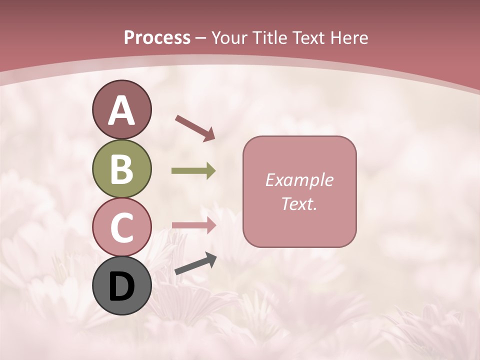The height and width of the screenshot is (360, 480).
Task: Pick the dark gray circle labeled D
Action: (121, 285)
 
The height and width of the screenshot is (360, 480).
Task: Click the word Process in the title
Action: (157, 37)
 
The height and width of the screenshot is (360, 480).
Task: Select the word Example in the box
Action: (299, 180)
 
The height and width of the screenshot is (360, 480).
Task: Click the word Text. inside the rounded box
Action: (299, 203)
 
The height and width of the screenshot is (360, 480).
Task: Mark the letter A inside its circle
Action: (121, 110)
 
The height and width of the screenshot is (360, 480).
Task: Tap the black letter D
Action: (121, 287)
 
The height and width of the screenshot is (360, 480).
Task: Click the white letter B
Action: (121, 169)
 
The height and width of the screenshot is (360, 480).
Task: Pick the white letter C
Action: (121, 227)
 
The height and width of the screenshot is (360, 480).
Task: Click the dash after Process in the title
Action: (201, 38)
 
